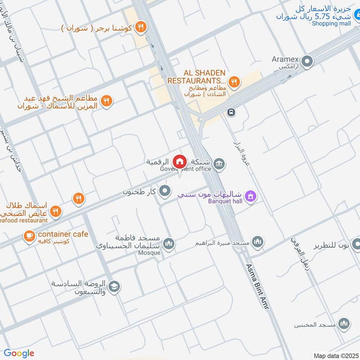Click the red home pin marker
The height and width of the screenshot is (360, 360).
[x=180, y=161]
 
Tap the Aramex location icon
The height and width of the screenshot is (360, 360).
[x=307, y=61]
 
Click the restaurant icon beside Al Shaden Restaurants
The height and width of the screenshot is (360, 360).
[x=234, y=82]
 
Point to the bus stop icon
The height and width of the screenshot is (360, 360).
[x=231, y=112]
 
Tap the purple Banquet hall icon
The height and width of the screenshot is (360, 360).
[x=251, y=196]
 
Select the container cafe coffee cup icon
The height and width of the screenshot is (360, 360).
[x=30, y=236]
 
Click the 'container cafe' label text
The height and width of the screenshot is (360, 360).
[x=63, y=234]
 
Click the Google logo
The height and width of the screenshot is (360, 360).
[x=19, y=353]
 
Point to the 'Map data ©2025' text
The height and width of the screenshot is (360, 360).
[x=335, y=355]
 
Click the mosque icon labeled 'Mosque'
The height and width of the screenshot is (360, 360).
[x=169, y=243]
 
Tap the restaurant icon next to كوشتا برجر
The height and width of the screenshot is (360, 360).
[x=141, y=27]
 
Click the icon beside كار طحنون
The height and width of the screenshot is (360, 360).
[x=165, y=191]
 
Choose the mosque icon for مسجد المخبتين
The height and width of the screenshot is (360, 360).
[x=344, y=324]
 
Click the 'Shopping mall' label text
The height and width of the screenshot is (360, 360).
[x=331, y=23]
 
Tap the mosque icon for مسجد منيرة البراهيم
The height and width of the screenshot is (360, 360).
[x=257, y=243]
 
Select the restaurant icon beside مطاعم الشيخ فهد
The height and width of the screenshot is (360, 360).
[x=106, y=101]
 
